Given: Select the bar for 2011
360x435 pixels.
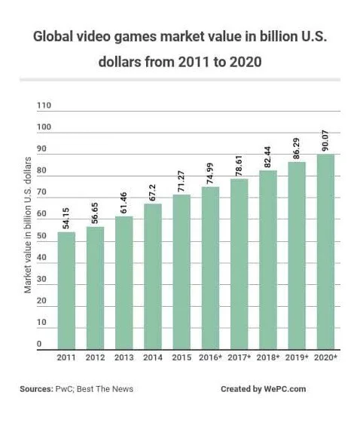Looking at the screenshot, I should [x=66, y=290].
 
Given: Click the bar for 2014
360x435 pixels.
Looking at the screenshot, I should [x=153, y=276].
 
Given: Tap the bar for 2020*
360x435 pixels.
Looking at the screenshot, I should [x=325, y=251].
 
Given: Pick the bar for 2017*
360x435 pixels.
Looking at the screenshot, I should [x=239, y=264].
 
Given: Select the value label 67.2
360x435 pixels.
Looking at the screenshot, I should [x=153, y=190].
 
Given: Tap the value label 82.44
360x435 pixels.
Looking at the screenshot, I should [x=268, y=156].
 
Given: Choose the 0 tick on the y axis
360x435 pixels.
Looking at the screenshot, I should [x=38, y=345].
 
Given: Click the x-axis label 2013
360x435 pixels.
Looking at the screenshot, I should [x=124, y=357].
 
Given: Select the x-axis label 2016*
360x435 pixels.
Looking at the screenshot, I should [x=211, y=357].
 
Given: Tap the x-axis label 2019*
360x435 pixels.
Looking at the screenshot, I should [x=297, y=357].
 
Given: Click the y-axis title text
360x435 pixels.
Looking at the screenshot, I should [x=27, y=226].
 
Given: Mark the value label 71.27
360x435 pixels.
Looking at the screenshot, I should [x=182, y=179].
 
